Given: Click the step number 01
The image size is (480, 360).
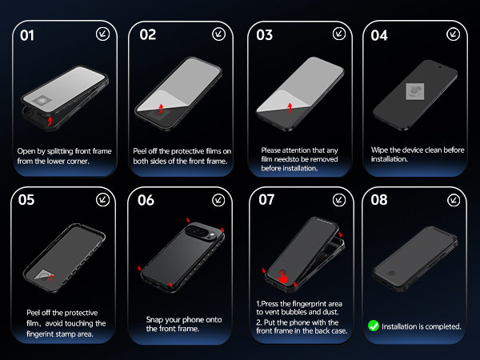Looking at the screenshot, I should (x=27, y=35).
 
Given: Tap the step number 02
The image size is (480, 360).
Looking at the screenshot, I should (x=147, y=35).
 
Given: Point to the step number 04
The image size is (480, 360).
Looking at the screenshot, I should (x=379, y=35).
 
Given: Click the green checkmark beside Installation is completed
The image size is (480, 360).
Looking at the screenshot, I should (x=373, y=326).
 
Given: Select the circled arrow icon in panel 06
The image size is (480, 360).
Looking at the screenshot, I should (x=218, y=199).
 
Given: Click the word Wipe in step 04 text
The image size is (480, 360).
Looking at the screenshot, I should (x=382, y=150).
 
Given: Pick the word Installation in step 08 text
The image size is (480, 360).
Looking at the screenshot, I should (x=403, y=326).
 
